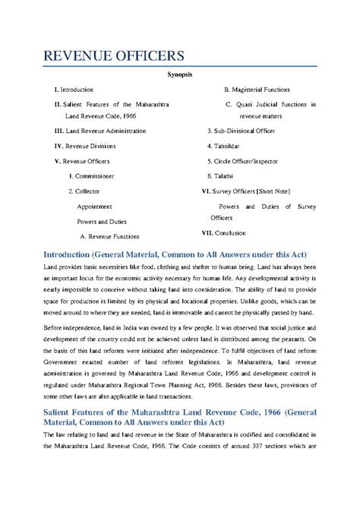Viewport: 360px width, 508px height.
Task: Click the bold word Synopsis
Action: pos(179,76)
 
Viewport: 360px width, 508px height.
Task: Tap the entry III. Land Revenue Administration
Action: pos(99,131)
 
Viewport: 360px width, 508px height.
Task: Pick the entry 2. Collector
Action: pos(84,191)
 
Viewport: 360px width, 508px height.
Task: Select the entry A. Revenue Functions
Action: pos(109,236)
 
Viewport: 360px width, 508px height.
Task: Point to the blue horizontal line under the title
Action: pos(179,67)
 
